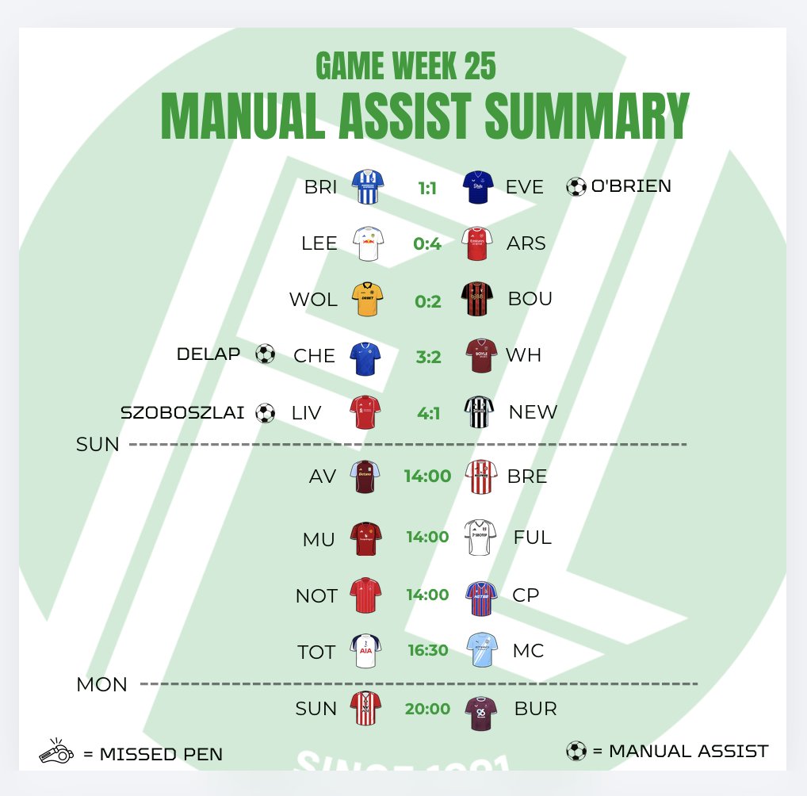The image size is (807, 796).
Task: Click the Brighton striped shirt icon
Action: point(366,187)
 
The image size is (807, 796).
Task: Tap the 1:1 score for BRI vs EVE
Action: point(427,188)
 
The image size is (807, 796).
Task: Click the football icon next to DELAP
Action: point(266,354)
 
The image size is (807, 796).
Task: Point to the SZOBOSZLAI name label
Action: point(182,413)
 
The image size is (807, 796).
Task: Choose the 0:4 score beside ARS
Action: point(427,243)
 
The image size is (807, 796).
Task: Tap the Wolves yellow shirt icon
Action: point(366,299)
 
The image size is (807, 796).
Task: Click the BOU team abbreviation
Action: point(529,300)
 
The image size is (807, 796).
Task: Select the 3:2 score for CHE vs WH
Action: point(428,356)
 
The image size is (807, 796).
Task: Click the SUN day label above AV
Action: point(98,445)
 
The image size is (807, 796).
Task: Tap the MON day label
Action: point(101,684)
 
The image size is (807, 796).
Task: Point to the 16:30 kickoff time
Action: point(427,651)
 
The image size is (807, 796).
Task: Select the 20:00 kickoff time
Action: point(427,709)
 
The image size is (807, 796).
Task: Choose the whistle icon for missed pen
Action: point(55,752)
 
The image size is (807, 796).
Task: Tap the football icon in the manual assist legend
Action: point(576,751)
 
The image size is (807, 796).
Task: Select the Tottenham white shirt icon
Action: point(366,651)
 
